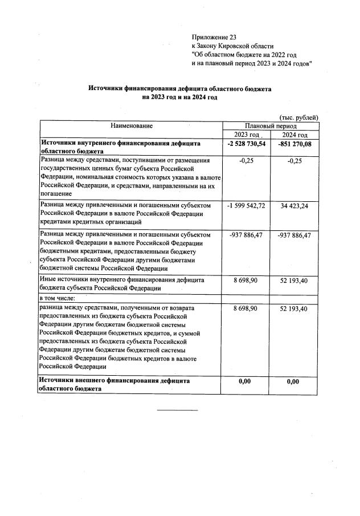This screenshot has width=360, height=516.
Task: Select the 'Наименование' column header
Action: pyautogui.click(x=132, y=125)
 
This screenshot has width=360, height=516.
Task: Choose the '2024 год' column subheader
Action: pyautogui.click(x=294, y=135)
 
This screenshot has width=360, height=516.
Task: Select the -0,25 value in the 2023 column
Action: pyautogui.click(x=247, y=161)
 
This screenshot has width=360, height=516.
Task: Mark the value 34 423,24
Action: pyautogui.click(x=294, y=205)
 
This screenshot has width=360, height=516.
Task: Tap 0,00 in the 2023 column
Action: pyautogui.click(x=247, y=381)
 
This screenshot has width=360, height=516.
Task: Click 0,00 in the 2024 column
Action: pyautogui.click(x=294, y=381)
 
